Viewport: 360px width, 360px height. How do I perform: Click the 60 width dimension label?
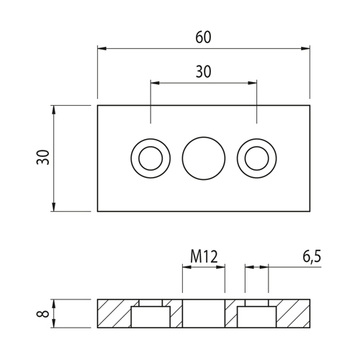click(x=203, y=37)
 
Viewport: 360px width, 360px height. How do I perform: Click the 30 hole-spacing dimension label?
click(x=203, y=72)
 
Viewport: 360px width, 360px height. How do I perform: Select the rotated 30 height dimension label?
click(x=43, y=157)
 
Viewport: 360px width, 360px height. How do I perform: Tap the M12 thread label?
click(x=204, y=256)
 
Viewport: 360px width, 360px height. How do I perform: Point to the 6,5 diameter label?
click(x=312, y=256)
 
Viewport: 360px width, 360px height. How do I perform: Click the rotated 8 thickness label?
click(x=43, y=313)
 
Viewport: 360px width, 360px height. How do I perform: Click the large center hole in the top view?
click(x=204, y=158)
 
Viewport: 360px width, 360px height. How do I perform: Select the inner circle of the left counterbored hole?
click(x=150, y=158)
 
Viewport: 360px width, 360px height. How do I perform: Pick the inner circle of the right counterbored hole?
click(x=256, y=158)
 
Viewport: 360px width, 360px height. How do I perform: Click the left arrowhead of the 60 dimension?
click(x=102, y=48)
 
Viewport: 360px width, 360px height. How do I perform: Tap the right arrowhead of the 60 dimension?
click(x=305, y=48)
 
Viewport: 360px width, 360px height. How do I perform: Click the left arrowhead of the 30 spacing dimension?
click(x=155, y=83)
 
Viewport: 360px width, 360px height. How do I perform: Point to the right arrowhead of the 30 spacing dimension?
click(x=252, y=83)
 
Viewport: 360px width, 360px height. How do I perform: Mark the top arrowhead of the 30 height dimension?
click(x=53, y=109)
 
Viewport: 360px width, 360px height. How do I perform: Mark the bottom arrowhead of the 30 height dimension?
click(x=53, y=207)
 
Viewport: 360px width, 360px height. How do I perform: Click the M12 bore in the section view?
click(x=204, y=313)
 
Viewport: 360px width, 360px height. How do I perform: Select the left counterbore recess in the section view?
click(x=150, y=317)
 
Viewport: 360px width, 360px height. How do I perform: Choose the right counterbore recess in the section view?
click(x=256, y=317)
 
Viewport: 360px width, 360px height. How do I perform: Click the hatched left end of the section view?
click(x=114, y=313)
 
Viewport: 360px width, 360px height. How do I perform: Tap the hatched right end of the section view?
click(x=293, y=313)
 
